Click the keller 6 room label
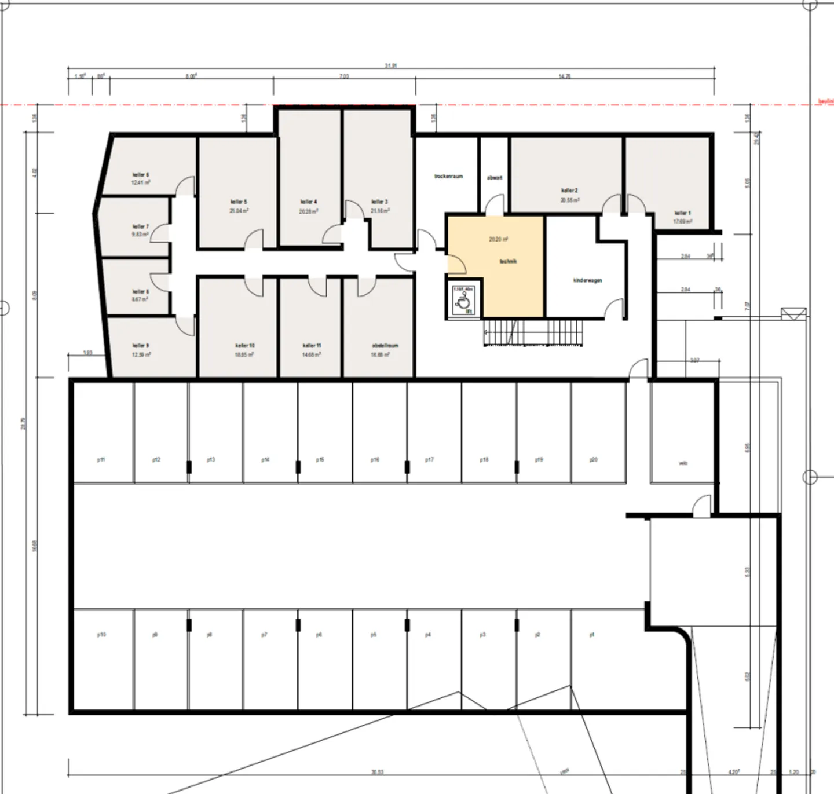tap(141, 174)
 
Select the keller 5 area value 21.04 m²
tap(239, 211)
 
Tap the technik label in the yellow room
tap(508, 261)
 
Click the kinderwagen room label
tap(587, 280)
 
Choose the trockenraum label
tap(449, 176)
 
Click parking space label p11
tap(101, 460)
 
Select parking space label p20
tap(594, 460)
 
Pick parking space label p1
tap(592, 635)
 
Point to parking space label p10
tap(101, 635)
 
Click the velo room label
tap(683, 463)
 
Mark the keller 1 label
tap(682, 213)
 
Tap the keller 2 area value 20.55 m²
tap(570, 200)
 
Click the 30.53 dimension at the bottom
tap(377, 772)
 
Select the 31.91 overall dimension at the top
tap(391, 66)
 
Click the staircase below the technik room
tap(536, 332)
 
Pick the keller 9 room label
tap(141, 346)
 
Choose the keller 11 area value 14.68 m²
tap(312, 354)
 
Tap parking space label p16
tap(375, 460)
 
